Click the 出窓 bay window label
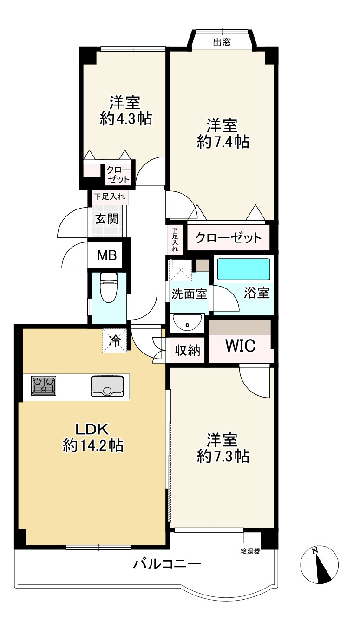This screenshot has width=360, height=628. coord(222,42)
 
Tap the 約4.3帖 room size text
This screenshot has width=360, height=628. coord(126,119)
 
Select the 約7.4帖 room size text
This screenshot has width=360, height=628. coord(223,142)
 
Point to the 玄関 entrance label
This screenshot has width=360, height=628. coord(107,219)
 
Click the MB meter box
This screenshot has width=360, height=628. coord(107,255)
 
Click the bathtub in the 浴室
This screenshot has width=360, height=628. coord(244,269)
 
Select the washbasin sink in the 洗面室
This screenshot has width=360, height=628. coord(187,323)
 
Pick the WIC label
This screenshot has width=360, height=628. coord(241,346)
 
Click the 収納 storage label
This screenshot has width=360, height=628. coord(187,350)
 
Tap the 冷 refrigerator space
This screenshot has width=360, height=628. coord(114,340)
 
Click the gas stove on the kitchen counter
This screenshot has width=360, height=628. coord(44,386)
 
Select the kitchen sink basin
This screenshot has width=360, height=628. coord(107,386)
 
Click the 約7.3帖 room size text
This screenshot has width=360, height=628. coord(223,456)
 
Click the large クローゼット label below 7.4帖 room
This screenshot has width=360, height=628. coord(228,238)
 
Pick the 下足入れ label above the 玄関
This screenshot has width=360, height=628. coord(109,196)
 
